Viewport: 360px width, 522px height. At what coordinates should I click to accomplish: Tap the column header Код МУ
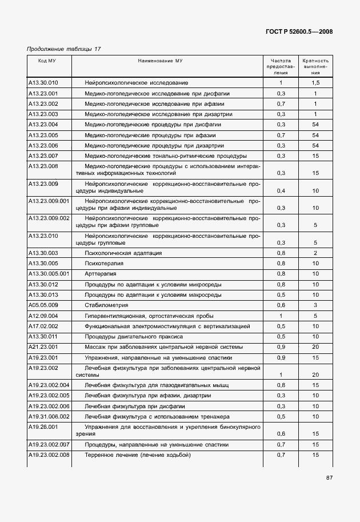click(47, 60)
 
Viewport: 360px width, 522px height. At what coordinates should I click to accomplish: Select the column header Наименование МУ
click(160, 60)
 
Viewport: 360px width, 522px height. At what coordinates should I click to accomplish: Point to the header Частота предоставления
click(281, 66)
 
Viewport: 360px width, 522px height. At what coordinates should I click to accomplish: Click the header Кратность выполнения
click(315, 66)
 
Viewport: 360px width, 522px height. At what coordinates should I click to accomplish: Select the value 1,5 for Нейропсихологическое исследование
click(315, 83)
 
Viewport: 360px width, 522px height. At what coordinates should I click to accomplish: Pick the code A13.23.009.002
click(49, 218)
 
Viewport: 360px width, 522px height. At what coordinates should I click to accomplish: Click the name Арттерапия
click(100, 274)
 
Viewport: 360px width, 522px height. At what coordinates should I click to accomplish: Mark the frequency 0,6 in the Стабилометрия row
click(281, 305)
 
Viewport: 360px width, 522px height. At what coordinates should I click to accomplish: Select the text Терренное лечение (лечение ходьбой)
click(137, 455)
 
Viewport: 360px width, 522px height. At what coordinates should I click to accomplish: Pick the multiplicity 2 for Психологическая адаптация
click(315, 253)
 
